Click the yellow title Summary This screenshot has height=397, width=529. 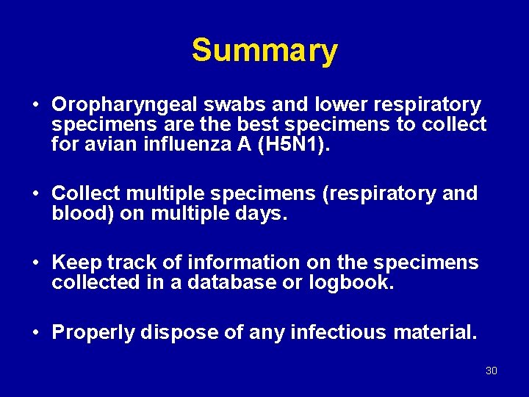(x=264, y=51)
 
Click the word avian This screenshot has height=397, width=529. (x=107, y=145)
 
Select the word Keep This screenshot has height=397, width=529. (x=76, y=262)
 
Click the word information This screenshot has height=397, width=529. (x=244, y=262)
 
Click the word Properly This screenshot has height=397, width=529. (x=93, y=333)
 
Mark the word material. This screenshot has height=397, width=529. (x=436, y=332)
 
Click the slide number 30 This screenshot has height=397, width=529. (x=492, y=371)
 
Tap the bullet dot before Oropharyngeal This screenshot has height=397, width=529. (x=35, y=105)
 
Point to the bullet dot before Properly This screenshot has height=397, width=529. (x=35, y=332)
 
